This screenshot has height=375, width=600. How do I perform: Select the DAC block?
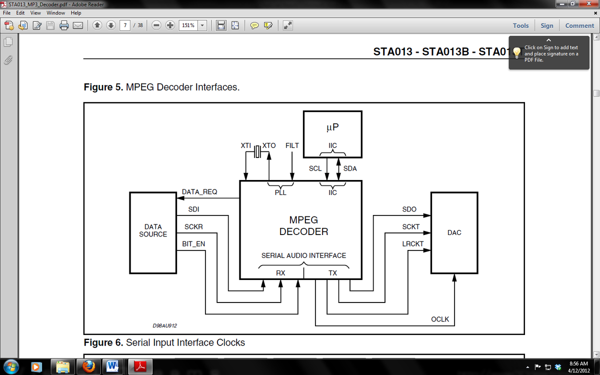tap(454, 233)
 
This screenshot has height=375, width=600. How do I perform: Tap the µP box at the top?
tap(332, 134)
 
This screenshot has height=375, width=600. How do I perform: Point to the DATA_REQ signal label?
tap(199, 192)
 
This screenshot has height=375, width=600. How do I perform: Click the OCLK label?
tap(440, 319)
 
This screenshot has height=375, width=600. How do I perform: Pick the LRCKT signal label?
tap(413, 244)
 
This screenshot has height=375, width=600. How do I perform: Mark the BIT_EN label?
tap(193, 244)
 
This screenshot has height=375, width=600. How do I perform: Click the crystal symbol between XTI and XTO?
tap(257, 151)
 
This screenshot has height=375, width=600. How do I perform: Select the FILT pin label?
tap(292, 145)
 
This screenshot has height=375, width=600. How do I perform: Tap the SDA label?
tap(350, 168)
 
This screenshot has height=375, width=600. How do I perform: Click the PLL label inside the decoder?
tap(280, 192)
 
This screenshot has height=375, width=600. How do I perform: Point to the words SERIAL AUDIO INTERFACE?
tap(304, 255)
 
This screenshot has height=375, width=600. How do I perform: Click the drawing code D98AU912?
tap(164, 325)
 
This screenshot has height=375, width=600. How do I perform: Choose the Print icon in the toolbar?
tap(64, 25)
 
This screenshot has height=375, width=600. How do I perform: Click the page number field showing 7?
tap(125, 25)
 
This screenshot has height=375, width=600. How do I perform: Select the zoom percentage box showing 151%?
tap(188, 25)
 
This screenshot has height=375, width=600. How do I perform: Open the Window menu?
tap(55, 13)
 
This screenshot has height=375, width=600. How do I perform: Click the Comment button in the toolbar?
tap(579, 25)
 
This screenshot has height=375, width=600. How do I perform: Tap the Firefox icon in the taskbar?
tap(88, 366)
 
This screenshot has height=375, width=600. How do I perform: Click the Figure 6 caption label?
tap(103, 342)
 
